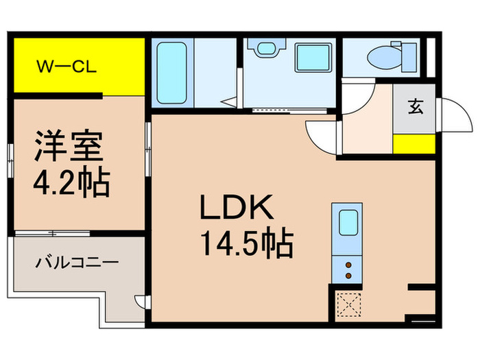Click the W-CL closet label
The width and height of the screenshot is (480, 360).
point(67,67)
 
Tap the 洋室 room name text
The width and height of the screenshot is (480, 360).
point(69,147)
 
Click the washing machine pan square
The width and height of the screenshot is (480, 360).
point(314,57)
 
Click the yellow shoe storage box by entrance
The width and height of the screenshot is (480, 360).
point(414,144)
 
